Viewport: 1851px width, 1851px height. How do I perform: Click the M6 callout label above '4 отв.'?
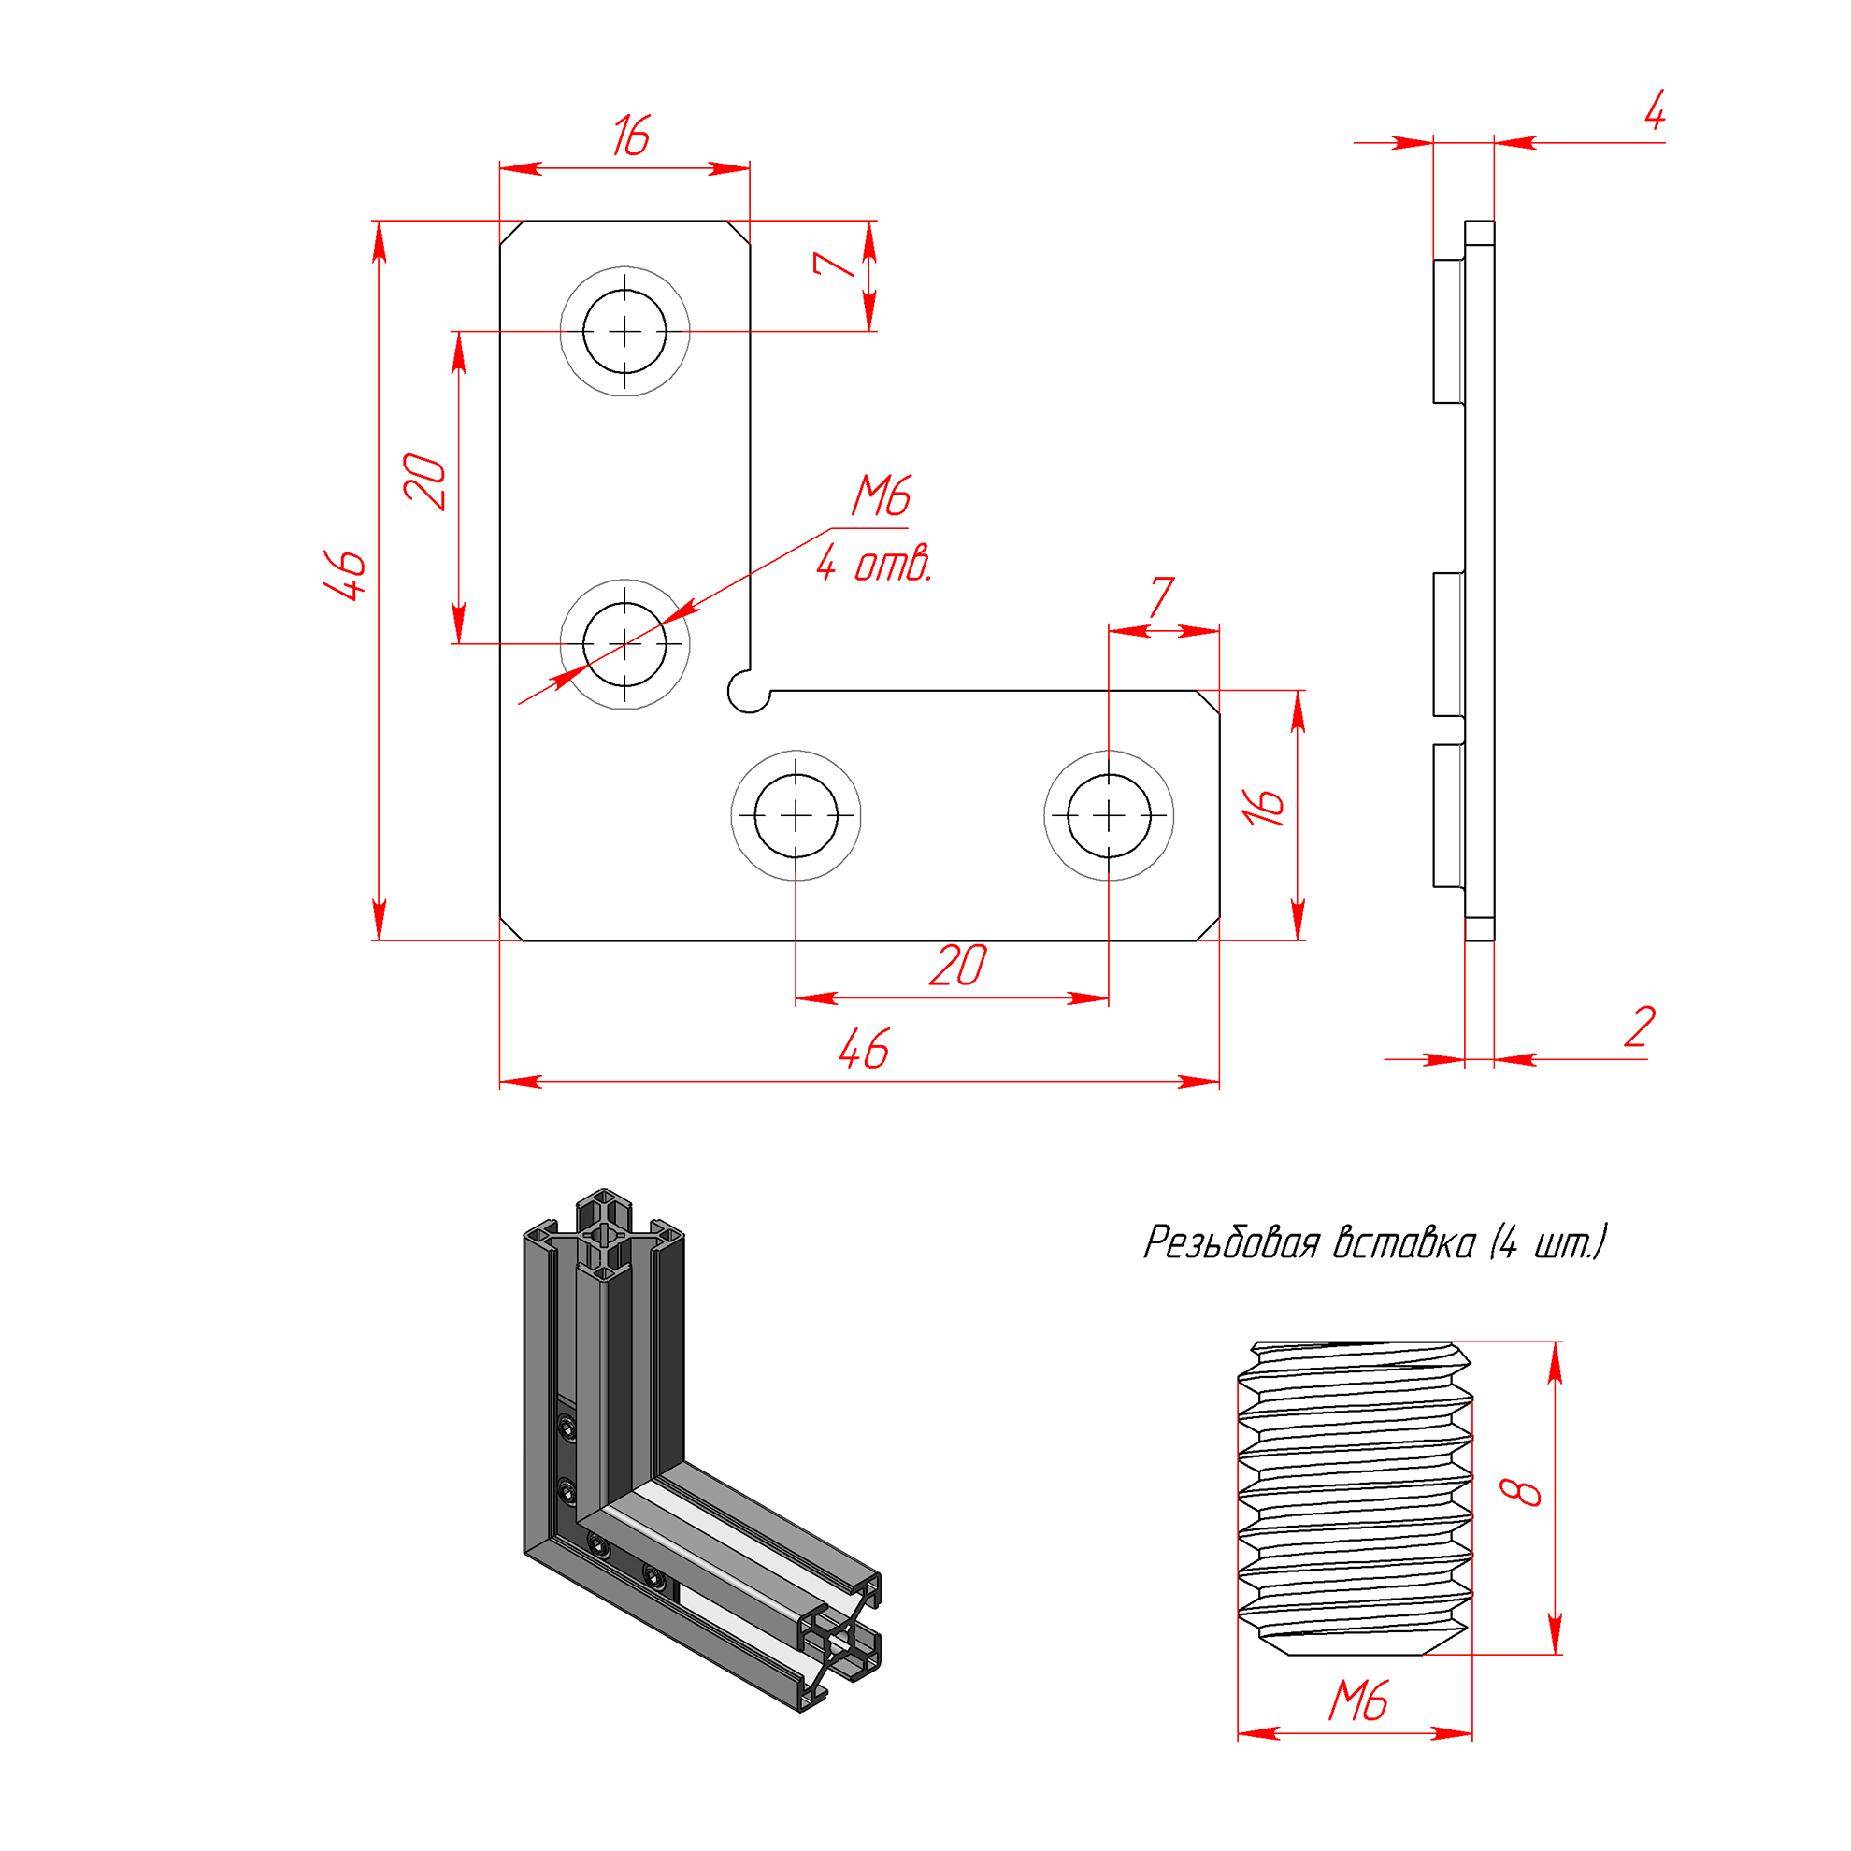(882, 496)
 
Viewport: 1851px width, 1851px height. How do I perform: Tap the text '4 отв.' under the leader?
(874, 564)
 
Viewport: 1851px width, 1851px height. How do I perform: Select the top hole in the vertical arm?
(624, 332)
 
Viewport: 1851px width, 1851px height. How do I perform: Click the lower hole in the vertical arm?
(624, 644)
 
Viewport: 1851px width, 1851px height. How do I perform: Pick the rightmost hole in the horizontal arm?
(1109, 815)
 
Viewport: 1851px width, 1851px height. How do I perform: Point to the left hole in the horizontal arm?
(796, 815)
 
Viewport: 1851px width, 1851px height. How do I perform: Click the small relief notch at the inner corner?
(748, 692)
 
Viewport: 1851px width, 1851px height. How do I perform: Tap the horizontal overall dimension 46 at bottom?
(863, 1049)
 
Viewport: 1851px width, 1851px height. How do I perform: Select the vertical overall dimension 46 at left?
(346, 575)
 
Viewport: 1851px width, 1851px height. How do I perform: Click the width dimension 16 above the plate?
(631, 136)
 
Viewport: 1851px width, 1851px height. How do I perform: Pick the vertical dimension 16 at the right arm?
(1264, 807)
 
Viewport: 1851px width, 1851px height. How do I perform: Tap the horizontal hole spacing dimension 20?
(957, 966)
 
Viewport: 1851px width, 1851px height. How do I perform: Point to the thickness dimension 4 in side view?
(1655, 111)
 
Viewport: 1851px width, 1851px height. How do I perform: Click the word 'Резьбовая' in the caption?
(1232, 1242)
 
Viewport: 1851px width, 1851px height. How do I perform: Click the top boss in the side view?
(1449, 331)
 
